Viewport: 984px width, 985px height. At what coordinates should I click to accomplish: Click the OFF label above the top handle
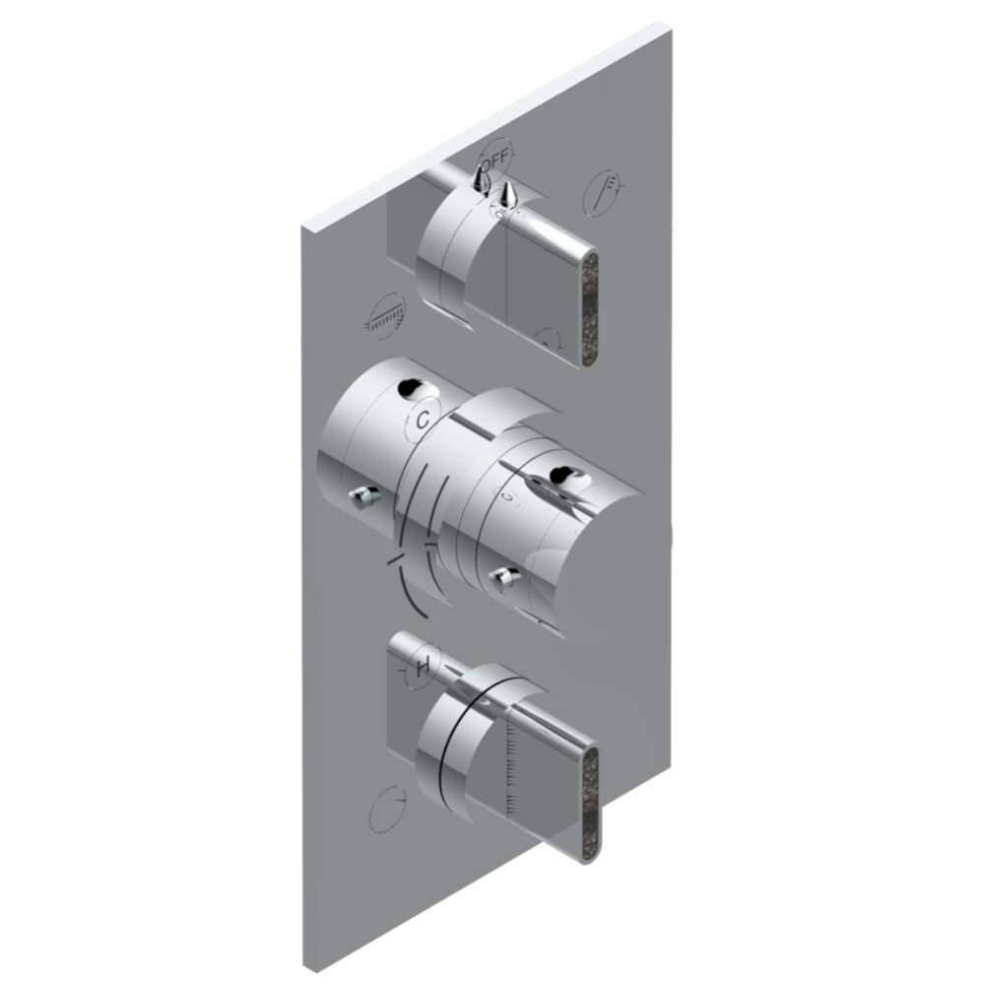pos(497,155)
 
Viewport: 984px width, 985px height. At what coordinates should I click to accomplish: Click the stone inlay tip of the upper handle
pos(591,308)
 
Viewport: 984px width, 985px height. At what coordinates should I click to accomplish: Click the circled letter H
pos(423,668)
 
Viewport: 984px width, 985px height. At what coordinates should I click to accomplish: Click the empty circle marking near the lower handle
pos(387,811)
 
